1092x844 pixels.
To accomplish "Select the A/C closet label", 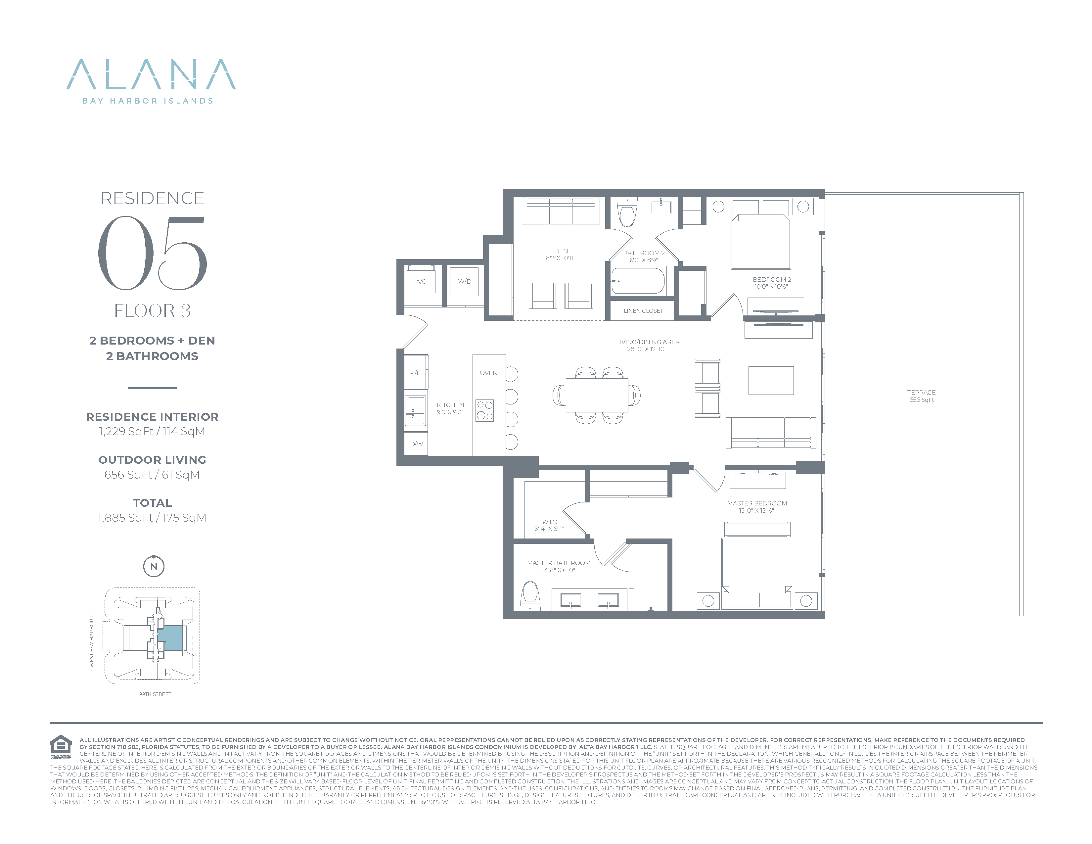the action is pyautogui.click(x=421, y=282).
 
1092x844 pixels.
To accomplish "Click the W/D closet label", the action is pyautogui.click(x=465, y=282).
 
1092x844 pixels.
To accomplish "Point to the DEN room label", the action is pyautogui.click(x=561, y=251).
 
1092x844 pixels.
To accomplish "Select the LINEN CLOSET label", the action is pyautogui.click(x=644, y=311).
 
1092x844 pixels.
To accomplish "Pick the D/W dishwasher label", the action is pyautogui.click(x=417, y=444).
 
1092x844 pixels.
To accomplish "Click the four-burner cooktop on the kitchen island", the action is pyautogui.click(x=484, y=410).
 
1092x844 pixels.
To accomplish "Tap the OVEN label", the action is pyautogui.click(x=488, y=373).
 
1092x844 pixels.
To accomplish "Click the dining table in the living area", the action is pyautogui.click(x=597, y=395).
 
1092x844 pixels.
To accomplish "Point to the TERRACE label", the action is pyautogui.click(x=922, y=393).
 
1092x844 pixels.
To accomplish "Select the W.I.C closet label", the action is pyautogui.click(x=550, y=522).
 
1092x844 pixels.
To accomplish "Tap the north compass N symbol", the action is pyautogui.click(x=154, y=567).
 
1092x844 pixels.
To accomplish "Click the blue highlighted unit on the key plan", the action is pyautogui.click(x=170, y=638).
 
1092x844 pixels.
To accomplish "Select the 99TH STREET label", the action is pyautogui.click(x=155, y=694).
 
